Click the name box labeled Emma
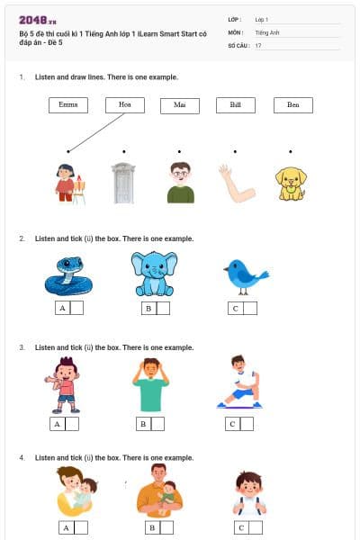click(67, 105)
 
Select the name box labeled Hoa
click(124, 105)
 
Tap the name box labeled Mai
click(180, 106)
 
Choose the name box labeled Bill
click(235, 105)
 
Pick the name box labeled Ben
click(292, 105)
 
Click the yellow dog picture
click(291, 183)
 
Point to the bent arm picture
click(236, 183)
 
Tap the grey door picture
click(123, 183)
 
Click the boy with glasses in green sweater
click(180, 183)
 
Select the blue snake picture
click(68, 275)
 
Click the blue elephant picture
click(152, 274)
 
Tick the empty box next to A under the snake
click(76, 308)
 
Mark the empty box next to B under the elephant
click(163, 308)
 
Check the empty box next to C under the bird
click(249, 308)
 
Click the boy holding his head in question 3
click(151, 384)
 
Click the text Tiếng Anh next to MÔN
click(266, 31)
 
